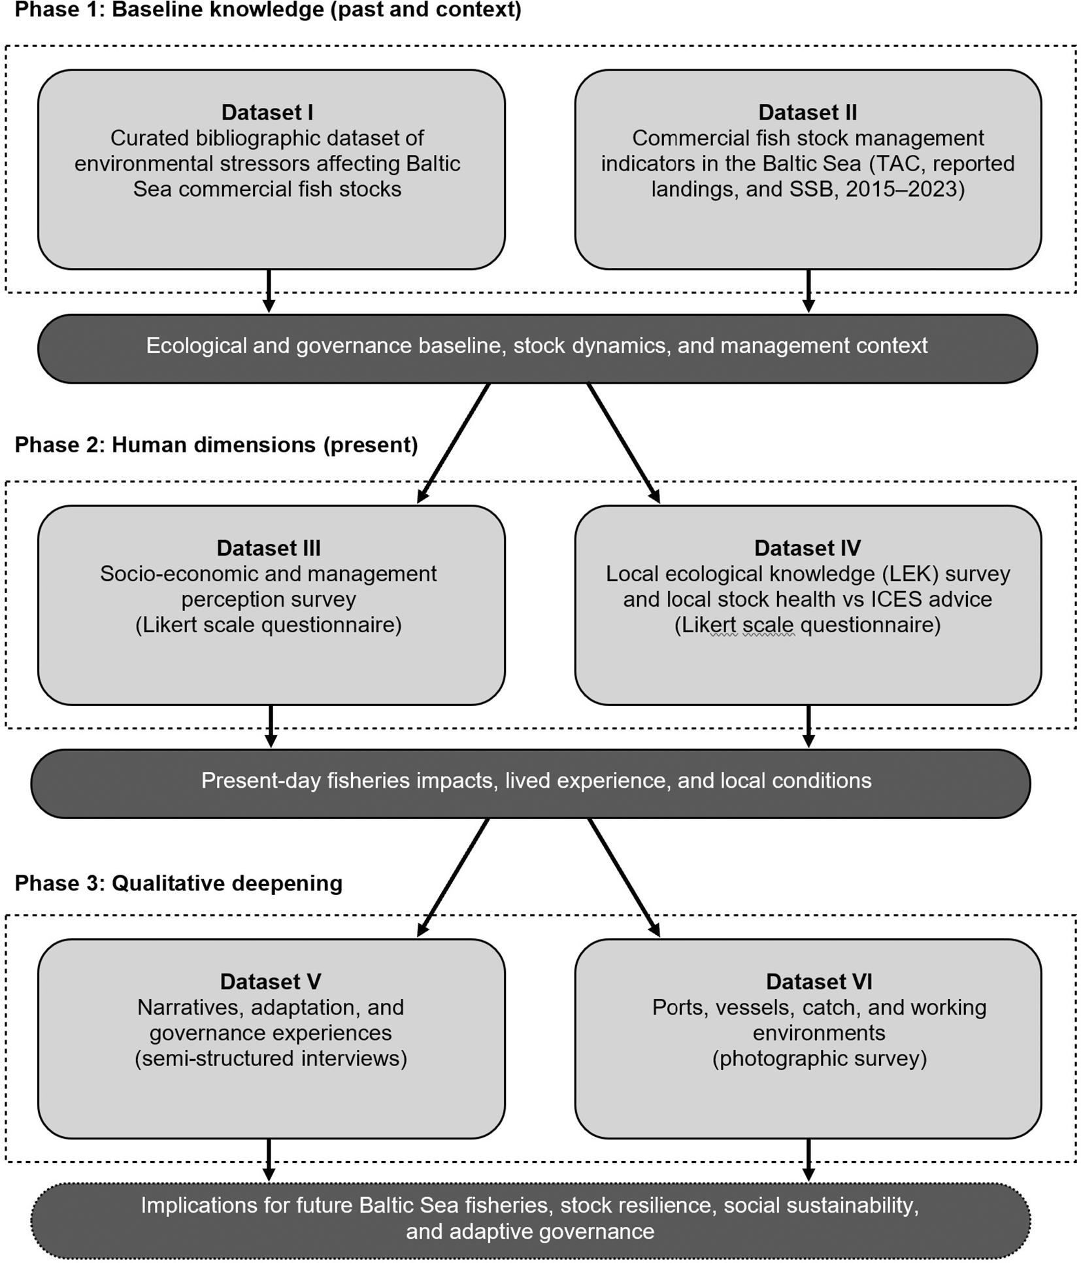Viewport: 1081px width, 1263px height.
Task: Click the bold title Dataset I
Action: click(267, 112)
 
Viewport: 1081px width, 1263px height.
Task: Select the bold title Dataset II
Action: click(808, 112)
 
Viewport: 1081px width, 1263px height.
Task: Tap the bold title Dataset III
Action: click(269, 548)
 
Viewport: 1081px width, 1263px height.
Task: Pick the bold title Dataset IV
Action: click(808, 548)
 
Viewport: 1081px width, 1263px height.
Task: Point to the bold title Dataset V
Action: click(271, 981)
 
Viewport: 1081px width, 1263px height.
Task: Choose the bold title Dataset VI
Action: click(819, 981)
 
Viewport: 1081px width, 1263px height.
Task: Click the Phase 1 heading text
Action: click(268, 10)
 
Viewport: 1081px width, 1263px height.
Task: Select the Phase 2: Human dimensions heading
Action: click(216, 445)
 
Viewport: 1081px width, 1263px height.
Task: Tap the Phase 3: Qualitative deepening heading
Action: click(178, 883)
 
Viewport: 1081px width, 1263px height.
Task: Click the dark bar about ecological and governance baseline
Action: click(537, 348)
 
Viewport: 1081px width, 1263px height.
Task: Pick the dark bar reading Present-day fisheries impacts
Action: click(531, 783)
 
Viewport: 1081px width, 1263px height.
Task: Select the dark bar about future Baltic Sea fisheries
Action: click(531, 1221)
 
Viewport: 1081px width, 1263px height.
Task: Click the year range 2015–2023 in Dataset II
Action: click(901, 189)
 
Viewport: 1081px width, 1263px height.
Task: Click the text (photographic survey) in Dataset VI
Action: click(819, 1058)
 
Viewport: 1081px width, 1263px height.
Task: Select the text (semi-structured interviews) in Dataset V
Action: click(271, 1058)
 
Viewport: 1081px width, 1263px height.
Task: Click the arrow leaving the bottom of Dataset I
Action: click(269, 291)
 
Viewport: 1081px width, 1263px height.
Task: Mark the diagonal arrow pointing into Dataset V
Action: click(453, 877)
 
